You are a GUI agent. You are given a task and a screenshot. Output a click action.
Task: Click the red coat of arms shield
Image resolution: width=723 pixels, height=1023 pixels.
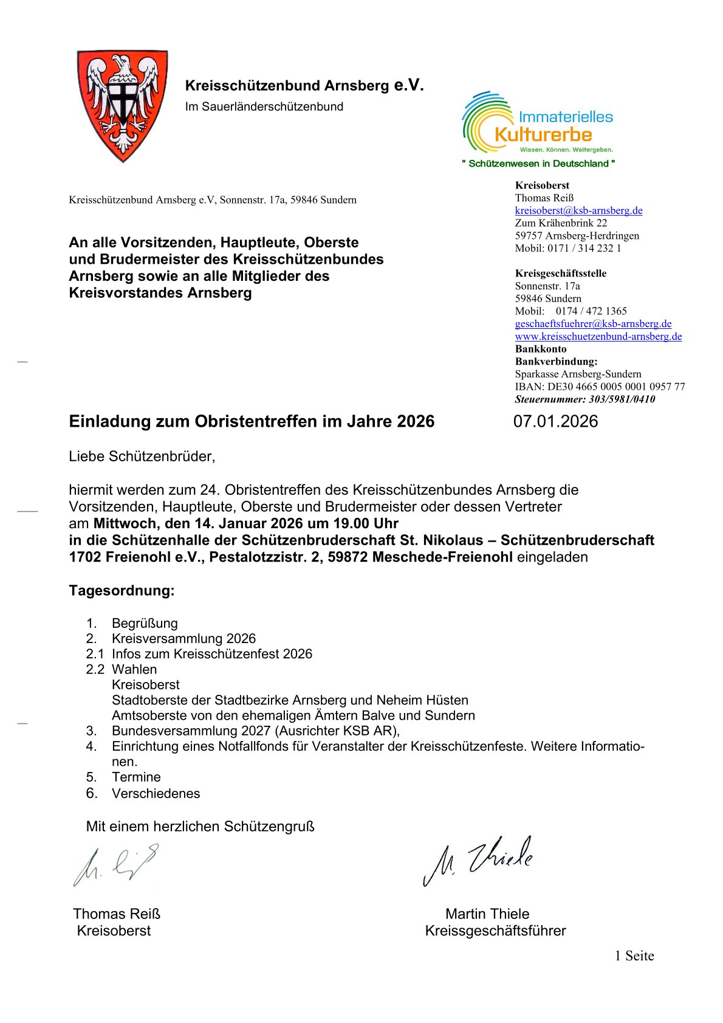coord(123,105)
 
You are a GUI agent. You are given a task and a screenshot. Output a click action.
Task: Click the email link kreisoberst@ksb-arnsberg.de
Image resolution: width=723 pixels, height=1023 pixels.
coord(578,210)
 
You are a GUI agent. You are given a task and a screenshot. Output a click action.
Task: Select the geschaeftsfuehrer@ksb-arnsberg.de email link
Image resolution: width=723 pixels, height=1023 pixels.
coord(593,323)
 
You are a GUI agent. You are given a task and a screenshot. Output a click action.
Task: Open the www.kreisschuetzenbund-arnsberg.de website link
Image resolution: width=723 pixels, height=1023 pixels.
coord(598,336)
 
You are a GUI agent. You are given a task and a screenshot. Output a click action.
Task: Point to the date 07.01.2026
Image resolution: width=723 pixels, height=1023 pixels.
coord(555,421)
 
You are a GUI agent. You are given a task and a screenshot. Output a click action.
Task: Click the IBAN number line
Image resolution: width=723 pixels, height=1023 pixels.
coord(600,387)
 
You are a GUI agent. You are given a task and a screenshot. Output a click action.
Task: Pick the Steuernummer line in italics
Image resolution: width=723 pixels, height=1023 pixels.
coord(584,399)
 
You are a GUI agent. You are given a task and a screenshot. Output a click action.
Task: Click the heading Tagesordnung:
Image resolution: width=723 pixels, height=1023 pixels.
coord(122,590)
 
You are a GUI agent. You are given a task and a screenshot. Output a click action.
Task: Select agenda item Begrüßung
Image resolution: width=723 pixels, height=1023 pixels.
coord(145,623)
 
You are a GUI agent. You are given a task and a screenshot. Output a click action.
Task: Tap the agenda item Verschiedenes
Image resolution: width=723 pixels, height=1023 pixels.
coord(156,793)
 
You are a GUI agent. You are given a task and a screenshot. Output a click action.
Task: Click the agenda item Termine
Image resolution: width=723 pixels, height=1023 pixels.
coord(136,777)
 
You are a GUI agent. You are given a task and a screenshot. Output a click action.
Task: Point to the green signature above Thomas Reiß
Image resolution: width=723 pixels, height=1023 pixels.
coord(115,864)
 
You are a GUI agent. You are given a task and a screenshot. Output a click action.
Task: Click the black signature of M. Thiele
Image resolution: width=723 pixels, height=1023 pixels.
coord(478,859)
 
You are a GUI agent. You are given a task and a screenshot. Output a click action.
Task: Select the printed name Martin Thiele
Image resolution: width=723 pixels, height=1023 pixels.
coord(487,914)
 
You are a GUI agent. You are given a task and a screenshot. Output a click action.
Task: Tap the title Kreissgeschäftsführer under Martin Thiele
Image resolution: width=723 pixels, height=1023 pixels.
coord(495,931)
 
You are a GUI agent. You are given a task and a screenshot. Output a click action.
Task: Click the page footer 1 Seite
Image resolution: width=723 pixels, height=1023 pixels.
coord(634,956)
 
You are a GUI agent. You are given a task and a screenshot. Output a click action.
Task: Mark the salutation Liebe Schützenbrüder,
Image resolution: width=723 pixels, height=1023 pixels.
coord(142,456)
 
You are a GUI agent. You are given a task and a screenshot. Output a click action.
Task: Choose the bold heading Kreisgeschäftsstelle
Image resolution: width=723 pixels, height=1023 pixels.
coord(561,274)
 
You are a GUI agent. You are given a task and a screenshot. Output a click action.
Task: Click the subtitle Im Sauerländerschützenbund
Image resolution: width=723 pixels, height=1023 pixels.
coord(264,106)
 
